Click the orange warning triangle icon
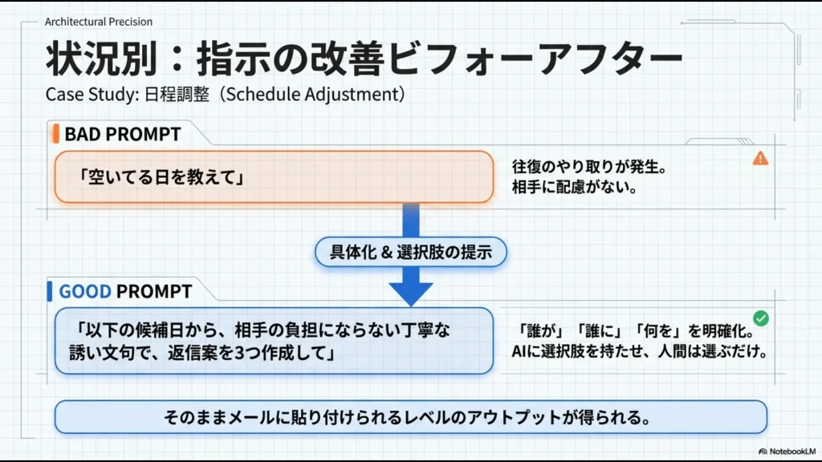pyautogui.click(x=760, y=159)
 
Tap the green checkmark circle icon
pyautogui.click(x=761, y=318)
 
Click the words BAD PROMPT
pyautogui.click(x=123, y=134)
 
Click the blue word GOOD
pyautogui.click(x=85, y=290)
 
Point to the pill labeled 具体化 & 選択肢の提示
pyautogui.click(x=411, y=253)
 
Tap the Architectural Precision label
pyautogui.click(x=99, y=22)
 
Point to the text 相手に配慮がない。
pyautogui.click(x=575, y=189)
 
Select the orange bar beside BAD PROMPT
pyautogui.click(x=56, y=134)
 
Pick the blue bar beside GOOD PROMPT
pyautogui.click(x=51, y=290)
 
